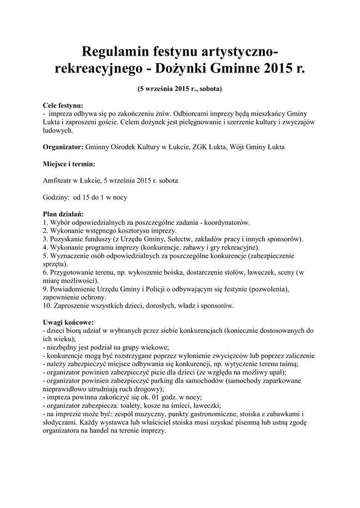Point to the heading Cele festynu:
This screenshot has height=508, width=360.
coord(63,106)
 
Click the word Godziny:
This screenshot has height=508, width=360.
coord(56,197)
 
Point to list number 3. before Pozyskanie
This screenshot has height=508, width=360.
coord(46,239)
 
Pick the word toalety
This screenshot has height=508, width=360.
coord(127,405)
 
